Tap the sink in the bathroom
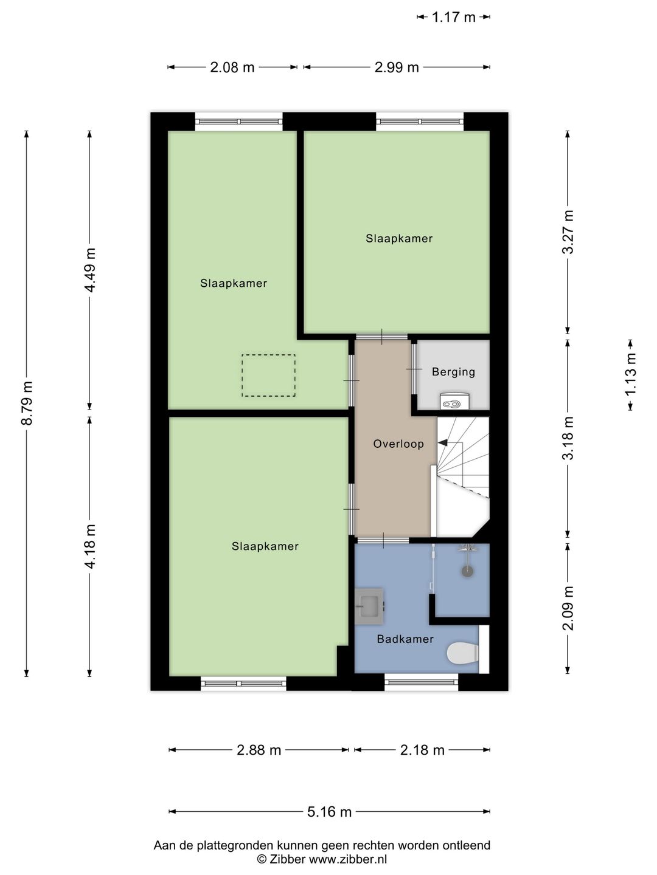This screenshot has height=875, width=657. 370,606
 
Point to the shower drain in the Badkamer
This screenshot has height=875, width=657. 467,571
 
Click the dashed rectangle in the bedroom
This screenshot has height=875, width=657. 268,376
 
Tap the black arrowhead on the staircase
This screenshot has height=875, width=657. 442,443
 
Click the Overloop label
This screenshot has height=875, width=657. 398,444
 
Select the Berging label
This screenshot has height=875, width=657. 454,372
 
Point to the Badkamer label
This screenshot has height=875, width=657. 405,639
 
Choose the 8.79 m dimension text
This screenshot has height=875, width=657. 27,403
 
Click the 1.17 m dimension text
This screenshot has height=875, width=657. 454,17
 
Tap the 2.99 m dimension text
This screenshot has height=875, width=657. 397,67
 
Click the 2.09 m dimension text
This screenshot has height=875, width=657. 568,608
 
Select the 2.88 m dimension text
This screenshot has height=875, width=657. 259,750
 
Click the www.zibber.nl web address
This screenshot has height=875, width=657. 348,859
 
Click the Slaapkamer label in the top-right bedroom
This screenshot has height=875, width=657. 399,238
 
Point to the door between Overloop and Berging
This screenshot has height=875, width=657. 414,369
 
